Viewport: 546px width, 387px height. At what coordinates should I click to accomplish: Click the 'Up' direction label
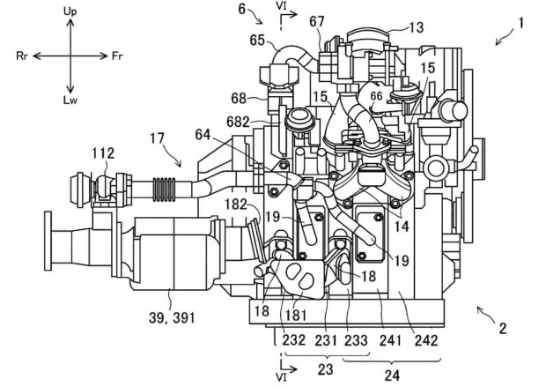(70, 11)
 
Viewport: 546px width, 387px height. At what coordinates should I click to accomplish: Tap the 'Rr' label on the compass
(22, 56)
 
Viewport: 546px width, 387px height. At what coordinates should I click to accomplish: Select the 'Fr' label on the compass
(117, 56)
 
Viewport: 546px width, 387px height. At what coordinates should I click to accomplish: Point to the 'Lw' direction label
(70, 100)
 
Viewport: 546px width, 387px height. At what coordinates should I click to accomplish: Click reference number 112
(103, 153)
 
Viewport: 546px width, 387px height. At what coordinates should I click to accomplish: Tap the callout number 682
(238, 122)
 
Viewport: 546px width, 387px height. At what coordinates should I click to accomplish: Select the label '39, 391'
(172, 317)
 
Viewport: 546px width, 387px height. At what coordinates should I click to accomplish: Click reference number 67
(317, 22)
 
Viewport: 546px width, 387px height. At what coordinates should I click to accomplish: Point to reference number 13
(416, 27)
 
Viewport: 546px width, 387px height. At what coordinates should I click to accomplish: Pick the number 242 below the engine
(426, 340)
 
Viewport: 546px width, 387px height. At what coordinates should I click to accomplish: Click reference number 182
(236, 205)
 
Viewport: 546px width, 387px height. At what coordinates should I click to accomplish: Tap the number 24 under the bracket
(392, 376)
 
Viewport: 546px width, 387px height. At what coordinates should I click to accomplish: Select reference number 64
(203, 134)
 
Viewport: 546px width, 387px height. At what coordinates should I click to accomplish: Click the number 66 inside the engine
(376, 96)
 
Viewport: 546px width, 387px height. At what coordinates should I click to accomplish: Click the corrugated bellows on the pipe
(165, 190)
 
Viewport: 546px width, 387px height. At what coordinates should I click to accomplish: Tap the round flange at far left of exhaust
(48, 241)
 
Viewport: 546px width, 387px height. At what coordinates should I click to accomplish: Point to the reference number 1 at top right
(521, 23)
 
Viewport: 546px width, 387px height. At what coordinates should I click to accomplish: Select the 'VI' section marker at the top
(281, 6)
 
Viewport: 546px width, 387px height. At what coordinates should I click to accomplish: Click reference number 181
(296, 316)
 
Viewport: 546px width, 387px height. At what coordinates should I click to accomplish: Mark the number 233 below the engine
(356, 340)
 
